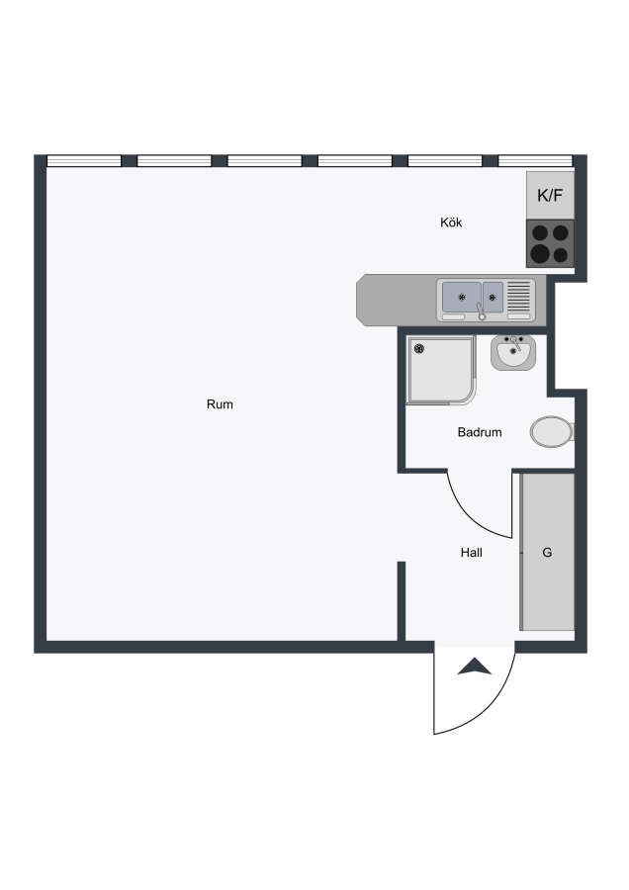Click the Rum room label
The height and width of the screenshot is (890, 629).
(x=220, y=404)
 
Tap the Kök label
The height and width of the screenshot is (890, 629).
(x=451, y=222)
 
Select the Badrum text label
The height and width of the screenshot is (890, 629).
(x=480, y=432)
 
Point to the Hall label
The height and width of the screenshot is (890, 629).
(x=471, y=552)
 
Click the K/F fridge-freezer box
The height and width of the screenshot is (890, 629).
(x=550, y=195)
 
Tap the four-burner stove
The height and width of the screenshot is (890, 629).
(x=550, y=243)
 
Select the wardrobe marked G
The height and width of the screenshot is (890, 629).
(x=548, y=552)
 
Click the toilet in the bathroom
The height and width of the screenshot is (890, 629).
(x=552, y=432)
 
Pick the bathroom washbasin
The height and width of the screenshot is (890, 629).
(x=513, y=352)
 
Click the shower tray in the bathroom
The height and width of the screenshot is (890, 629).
(x=441, y=370)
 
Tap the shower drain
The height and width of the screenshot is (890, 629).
(x=419, y=348)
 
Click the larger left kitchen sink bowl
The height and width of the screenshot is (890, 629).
(x=462, y=297)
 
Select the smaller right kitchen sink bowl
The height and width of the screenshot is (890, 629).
(x=493, y=297)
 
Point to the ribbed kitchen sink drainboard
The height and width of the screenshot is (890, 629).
(x=518, y=297)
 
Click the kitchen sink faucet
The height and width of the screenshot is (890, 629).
(x=481, y=311)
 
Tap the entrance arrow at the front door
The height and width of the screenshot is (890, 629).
(x=475, y=667)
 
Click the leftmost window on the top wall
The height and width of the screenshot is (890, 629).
(x=84, y=160)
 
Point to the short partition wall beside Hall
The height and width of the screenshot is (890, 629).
(x=402, y=601)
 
